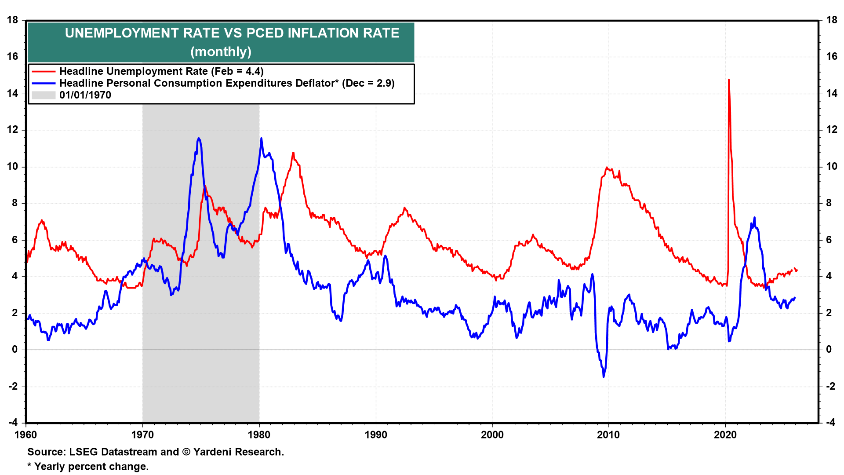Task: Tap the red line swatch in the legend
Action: tap(44, 71)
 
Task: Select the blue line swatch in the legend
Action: tap(44, 83)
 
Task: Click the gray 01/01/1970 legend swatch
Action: tap(44, 95)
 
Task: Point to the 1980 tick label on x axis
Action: tap(259, 435)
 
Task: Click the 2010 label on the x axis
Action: tap(608, 435)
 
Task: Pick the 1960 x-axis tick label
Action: tap(26, 435)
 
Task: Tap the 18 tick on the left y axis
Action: tap(13, 20)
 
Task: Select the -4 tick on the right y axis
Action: tap(830, 423)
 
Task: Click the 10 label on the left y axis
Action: tap(13, 166)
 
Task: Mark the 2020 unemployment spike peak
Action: tap(729, 80)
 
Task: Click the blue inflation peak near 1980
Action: tap(261, 138)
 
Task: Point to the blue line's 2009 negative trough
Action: tap(604, 376)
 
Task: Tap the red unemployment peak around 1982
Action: tap(293, 153)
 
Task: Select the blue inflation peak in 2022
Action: tap(754, 217)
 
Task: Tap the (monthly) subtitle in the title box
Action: tap(221, 52)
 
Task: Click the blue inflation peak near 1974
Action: tap(199, 138)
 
